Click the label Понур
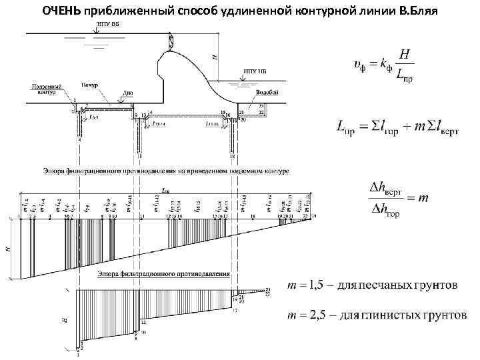pos(91,86)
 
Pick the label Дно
pos(129,94)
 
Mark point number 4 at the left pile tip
pos(79,141)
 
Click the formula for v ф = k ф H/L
pos(384,65)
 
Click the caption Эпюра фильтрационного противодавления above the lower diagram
pos(164,274)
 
